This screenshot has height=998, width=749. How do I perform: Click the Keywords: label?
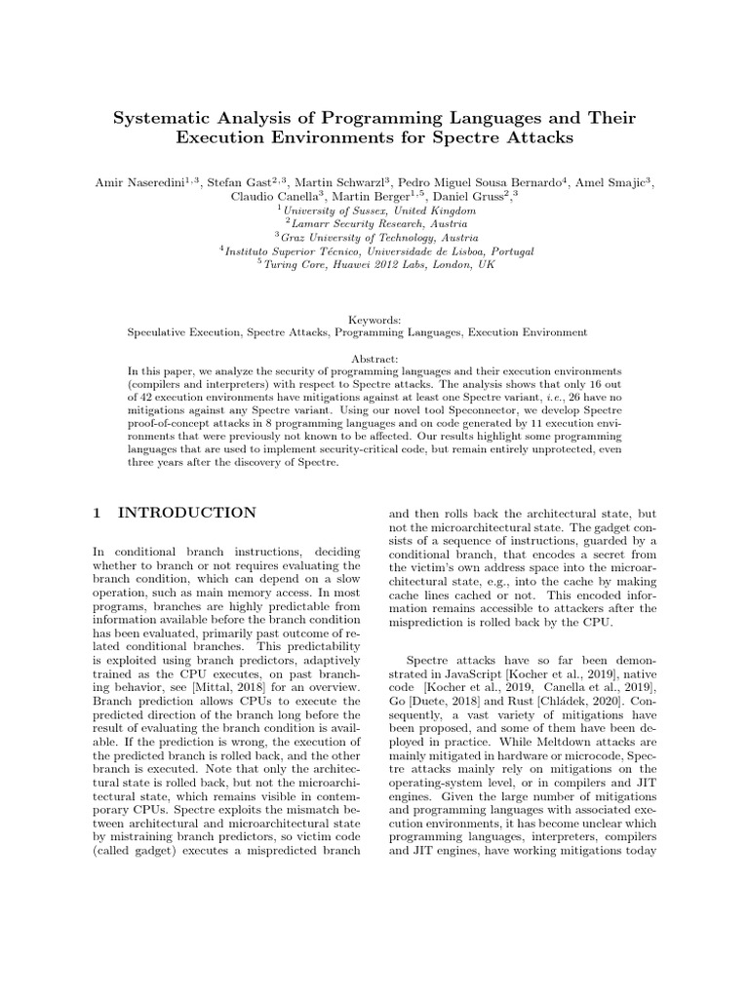coord(374,319)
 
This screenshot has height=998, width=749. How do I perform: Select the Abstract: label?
coord(374,358)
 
